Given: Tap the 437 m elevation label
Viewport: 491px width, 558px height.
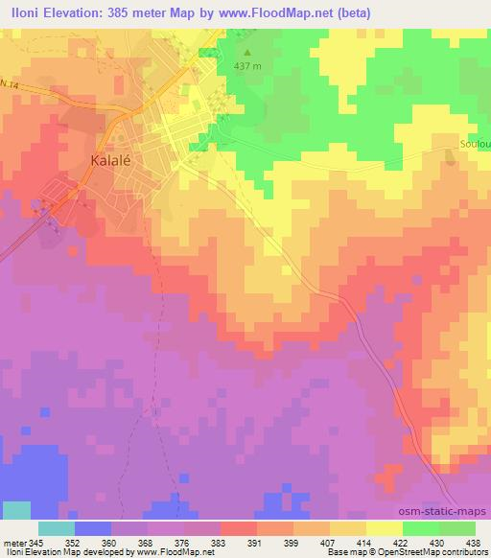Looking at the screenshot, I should [x=248, y=66].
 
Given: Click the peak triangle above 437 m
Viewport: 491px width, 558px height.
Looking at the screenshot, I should [x=248, y=53].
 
